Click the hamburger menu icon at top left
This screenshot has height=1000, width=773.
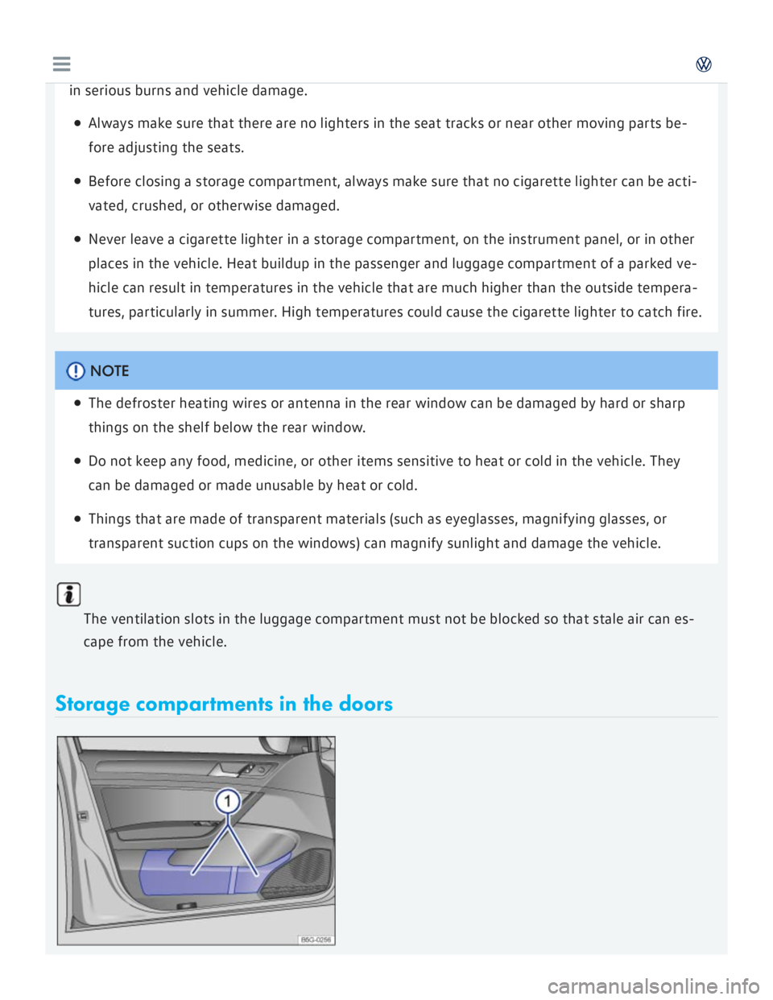tap(61, 64)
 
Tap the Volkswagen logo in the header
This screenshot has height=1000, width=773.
tap(704, 64)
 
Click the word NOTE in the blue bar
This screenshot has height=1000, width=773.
tap(110, 371)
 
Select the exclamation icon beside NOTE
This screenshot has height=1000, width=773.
tap(76, 371)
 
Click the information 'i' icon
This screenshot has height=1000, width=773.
tap(69, 595)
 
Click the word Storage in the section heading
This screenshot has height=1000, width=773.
tap(92, 705)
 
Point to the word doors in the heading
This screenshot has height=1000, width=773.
tap(366, 705)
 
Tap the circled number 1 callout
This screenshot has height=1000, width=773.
tap(228, 801)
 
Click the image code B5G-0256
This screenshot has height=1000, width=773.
tap(316, 939)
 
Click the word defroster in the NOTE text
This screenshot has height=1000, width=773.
tap(145, 403)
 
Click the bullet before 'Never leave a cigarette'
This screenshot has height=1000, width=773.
tap(76, 240)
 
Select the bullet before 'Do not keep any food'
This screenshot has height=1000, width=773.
tap(76, 462)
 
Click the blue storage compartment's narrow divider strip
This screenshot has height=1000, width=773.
tap(231, 879)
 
